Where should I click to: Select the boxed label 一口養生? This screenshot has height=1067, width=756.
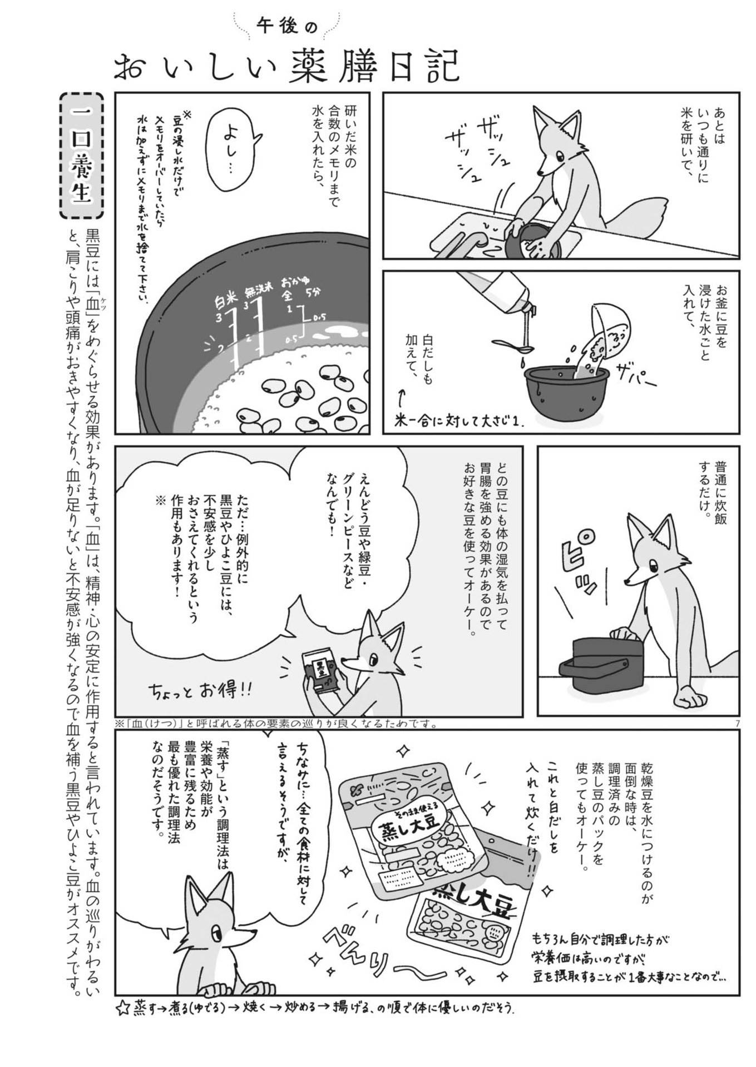[x=81, y=156]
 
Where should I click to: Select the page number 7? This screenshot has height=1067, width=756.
[x=736, y=723]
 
